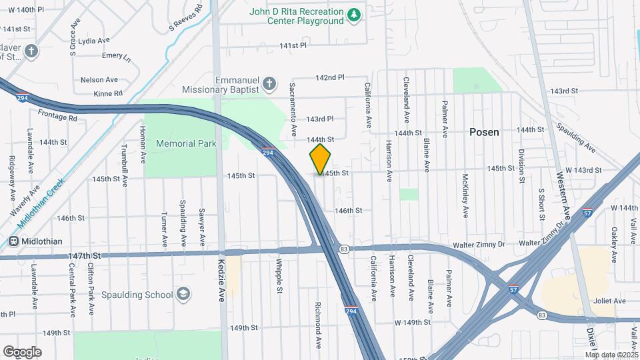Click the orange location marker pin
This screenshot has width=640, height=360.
click(320, 159)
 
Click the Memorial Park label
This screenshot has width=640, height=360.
click(185, 143)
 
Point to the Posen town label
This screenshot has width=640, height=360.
click(484, 132)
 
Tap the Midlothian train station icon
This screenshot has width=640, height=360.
click(13, 241)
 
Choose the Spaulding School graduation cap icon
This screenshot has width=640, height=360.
click(183, 294)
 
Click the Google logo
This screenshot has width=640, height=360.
click(23, 351)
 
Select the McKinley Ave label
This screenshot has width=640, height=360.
click(465, 197)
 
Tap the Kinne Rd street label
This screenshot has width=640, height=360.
click(108, 93)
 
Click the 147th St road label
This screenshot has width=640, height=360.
click(84, 255)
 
